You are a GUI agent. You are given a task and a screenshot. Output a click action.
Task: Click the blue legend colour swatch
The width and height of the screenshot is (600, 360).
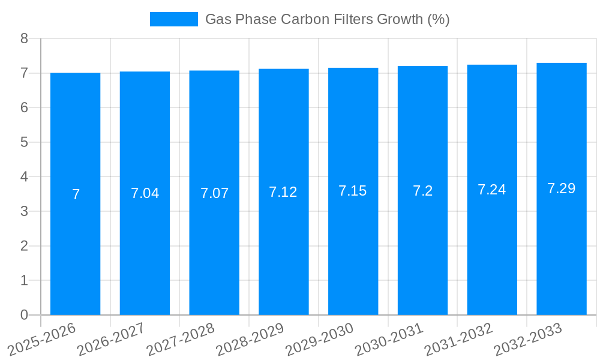173,19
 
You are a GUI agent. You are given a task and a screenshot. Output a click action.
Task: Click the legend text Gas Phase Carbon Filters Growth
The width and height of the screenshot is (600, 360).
327,19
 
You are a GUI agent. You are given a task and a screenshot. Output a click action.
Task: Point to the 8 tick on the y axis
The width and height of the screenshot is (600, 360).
24,38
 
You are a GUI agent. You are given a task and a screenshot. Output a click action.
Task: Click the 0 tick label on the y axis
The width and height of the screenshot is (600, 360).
24,315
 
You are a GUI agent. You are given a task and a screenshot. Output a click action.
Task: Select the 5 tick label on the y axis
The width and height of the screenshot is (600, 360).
24,142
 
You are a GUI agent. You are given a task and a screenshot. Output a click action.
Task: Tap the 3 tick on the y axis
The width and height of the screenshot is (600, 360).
24,211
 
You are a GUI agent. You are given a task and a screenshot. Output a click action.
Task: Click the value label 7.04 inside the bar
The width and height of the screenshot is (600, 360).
145,193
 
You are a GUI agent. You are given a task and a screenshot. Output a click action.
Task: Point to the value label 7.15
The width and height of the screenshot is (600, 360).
353,191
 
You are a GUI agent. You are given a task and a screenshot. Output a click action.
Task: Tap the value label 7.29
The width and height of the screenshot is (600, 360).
562,188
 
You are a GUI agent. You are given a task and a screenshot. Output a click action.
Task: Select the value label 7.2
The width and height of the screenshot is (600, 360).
422,191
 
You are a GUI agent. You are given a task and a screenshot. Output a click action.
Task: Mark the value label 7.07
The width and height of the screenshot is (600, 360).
214,193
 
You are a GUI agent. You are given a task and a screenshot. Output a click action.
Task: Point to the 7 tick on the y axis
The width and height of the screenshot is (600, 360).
24,73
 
